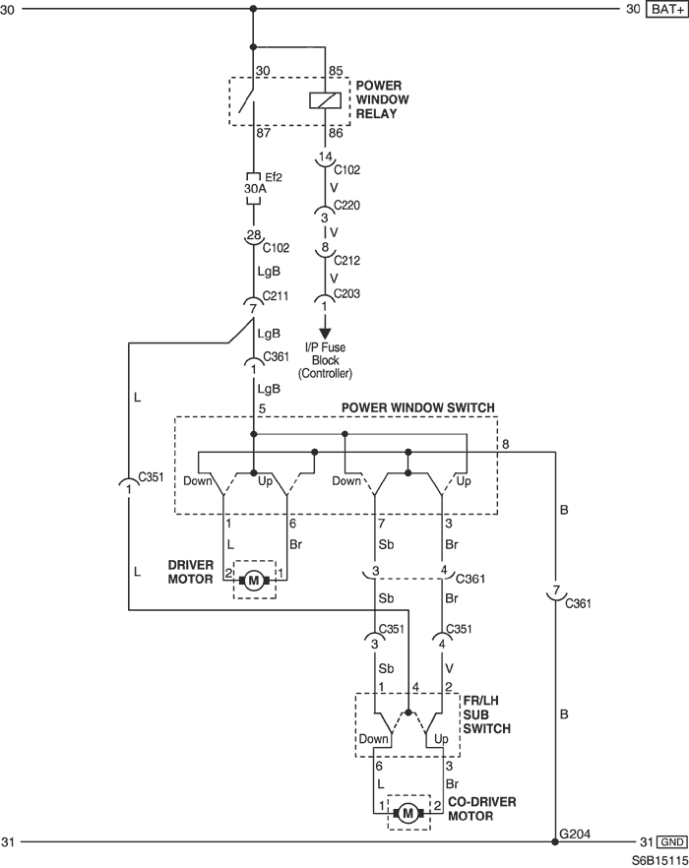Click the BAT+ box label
click(x=666, y=9)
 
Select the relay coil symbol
click(x=325, y=100)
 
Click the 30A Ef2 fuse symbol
click(x=253, y=188)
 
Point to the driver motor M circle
click(x=254, y=581)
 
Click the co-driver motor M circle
click(x=408, y=813)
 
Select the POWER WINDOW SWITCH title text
click(x=417, y=407)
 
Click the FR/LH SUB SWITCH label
click(x=487, y=714)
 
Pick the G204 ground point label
click(x=575, y=834)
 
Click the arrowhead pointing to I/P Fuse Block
click(x=325, y=334)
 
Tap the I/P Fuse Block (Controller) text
click(x=325, y=360)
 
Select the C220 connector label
click(x=346, y=206)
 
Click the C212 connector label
click(x=346, y=260)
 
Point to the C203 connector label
click(x=346, y=293)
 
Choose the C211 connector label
click(x=276, y=295)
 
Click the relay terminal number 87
click(x=263, y=134)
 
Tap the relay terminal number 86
click(x=336, y=133)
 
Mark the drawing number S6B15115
click(x=659, y=860)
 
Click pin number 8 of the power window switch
click(x=506, y=444)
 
